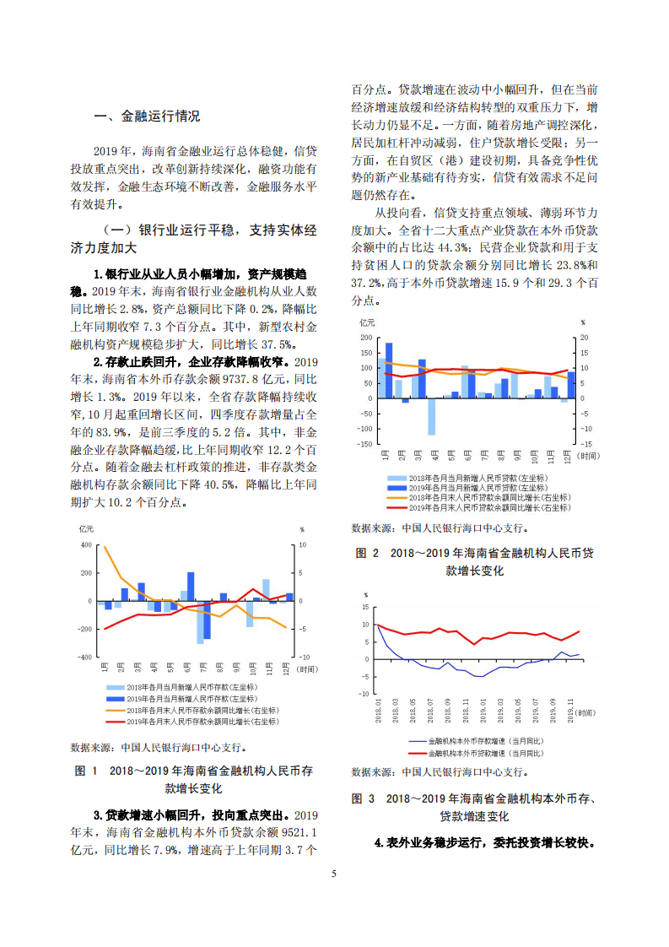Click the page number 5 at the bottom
click(x=335, y=874)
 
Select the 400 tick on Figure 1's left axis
click(x=85, y=545)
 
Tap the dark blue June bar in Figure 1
click(x=191, y=587)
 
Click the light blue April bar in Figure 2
click(x=431, y=416)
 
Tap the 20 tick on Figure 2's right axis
click(x=583, y=338)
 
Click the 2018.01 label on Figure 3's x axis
click(x=380, y=708)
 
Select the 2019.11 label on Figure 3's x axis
click(x=572, y=708)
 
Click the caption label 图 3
click(x=363, y=798)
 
